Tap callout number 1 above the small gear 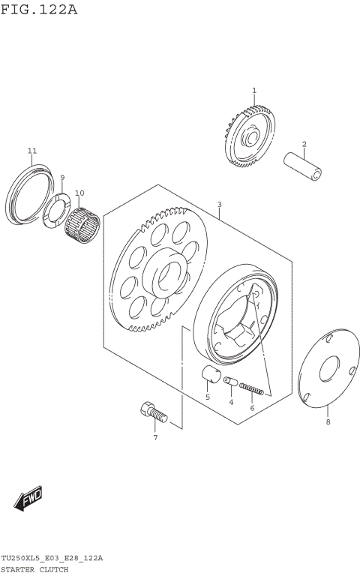point(254,91)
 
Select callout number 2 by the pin point(304,144)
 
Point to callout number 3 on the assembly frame point(220,204)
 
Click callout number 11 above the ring point(32,151)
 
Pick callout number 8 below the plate point(327,422)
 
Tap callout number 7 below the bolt point(155,437)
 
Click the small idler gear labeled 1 point(249,137)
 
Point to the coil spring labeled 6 point(250,388)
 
